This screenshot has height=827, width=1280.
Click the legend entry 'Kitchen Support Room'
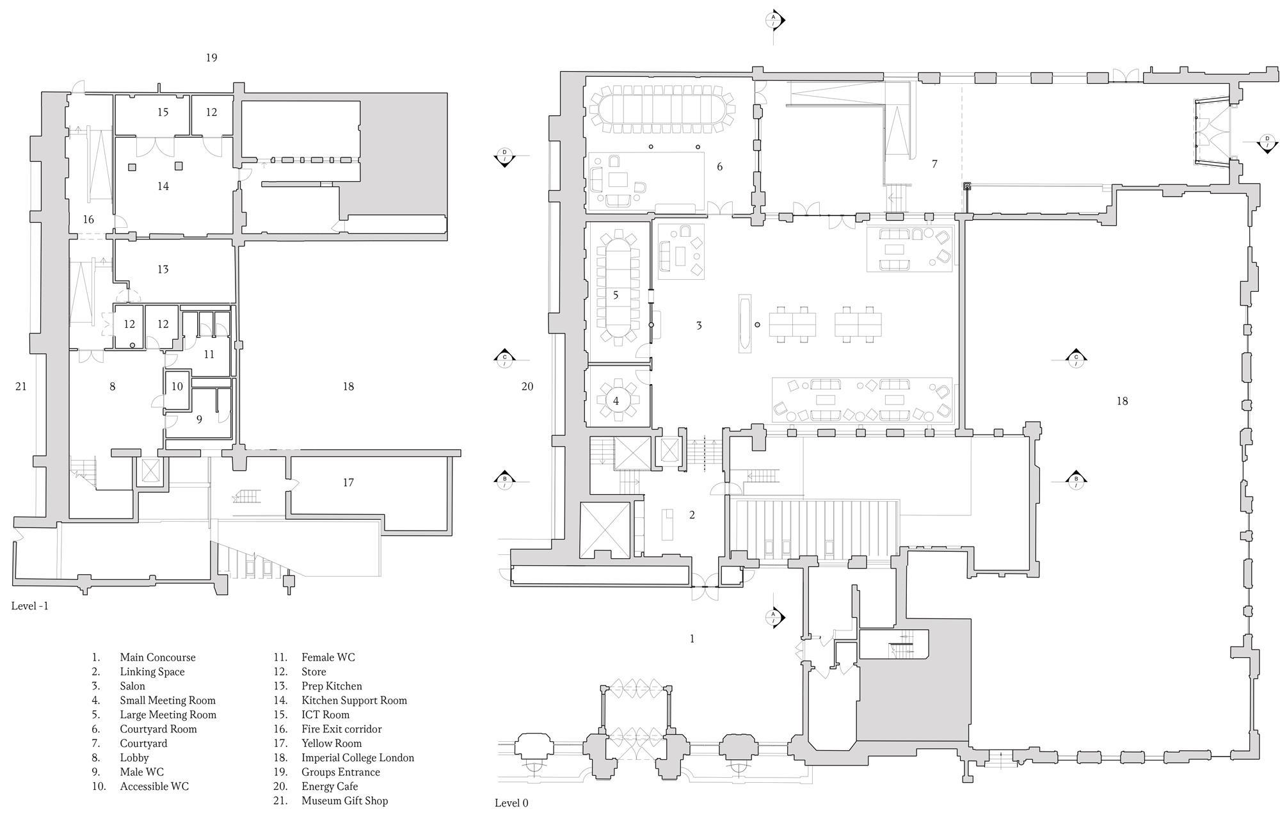click(x=354, y=700)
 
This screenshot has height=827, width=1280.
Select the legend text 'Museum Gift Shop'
click(x=344, y=801)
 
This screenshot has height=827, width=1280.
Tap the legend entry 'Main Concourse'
click(x=157, y=657)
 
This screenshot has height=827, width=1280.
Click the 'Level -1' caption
click(x=29, y=606)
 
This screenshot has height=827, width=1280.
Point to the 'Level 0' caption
click(x=511, y=803)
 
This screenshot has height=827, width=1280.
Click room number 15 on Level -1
click(x=163, y=112)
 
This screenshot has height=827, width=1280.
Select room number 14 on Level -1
click(x=163, y=186)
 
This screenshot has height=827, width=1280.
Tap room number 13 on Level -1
click(x=163, y=269)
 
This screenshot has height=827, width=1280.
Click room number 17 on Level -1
click(x=348, y=482)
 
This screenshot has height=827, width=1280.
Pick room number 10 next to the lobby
click(x=177, y=386)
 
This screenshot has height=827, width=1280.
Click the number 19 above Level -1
click(x=211, y=58)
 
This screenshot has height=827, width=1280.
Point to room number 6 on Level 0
click(x=719, y=166)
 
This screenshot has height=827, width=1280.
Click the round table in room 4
click(x=616, y=401)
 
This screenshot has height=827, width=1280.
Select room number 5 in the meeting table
click(x=616, y=295)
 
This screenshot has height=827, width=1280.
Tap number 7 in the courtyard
click(x=934, y=164)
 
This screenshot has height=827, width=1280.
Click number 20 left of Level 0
click(x=527, y=386)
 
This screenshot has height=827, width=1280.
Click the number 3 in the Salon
click(x=699, y=325)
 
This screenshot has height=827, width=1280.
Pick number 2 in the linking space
click(x=692, y=515)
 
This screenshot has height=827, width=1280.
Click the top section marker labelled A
click(x=774, y=19)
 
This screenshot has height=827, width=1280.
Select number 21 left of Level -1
click(x=21, y=386)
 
